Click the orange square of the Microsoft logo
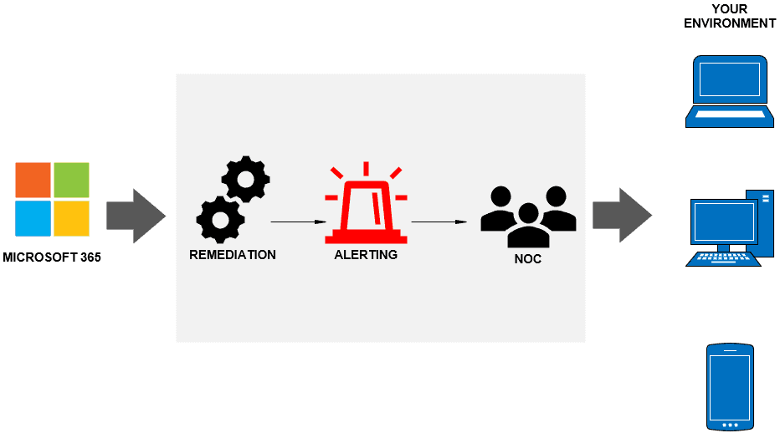(33, 180)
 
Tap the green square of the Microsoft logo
(71, 180)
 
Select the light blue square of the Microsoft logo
(33, 218)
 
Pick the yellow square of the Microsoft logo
(71, 218)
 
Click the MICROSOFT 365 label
(52, 257)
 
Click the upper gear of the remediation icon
(245, 179)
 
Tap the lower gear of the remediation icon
(221, 219)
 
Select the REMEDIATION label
(233, 254)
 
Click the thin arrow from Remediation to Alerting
(297, 222)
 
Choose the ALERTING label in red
(366, 254)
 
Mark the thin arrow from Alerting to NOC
(439, 222)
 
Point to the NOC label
(528, 259)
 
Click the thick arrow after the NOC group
(622, 216)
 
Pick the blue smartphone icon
(731, 386)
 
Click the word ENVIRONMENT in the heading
(730, 23)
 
